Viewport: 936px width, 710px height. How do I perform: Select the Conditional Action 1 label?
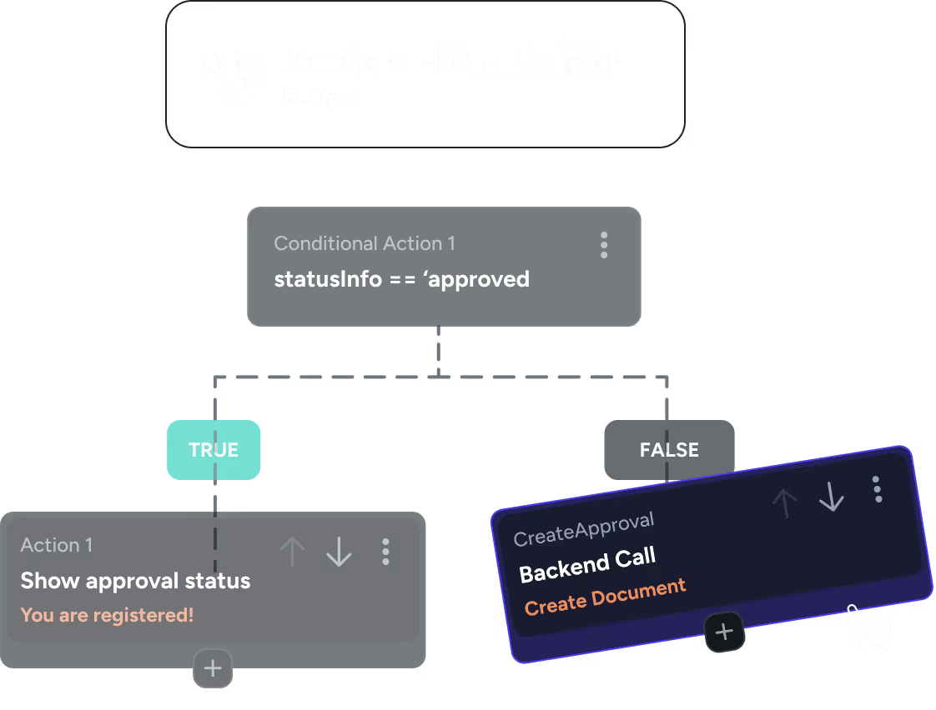[x=365, y=243]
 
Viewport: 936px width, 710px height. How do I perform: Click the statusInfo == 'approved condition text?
[x=401, y=278]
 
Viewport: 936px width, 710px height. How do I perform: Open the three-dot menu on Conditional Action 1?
[x=604, y=245]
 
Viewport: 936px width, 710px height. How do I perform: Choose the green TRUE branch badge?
[x=214, y=450]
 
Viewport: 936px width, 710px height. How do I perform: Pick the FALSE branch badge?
[x=669, y=450]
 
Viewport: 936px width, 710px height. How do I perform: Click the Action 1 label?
[x=57, y=545]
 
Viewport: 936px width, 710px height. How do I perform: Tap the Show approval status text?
[x=135, y=581]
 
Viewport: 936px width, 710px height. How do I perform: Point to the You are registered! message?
[x=107, y=616]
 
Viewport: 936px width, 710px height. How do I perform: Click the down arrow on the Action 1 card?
[x=339, y=552]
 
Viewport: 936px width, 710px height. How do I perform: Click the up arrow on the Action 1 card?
[x=292, y=552]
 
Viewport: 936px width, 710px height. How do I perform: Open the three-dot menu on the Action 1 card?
[x=385, y=552]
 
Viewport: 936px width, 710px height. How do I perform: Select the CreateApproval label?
[x=583, y=530]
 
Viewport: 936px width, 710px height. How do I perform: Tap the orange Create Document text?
[x=605, y=597]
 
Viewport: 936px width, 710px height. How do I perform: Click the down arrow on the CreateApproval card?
[x=831, y=497]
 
